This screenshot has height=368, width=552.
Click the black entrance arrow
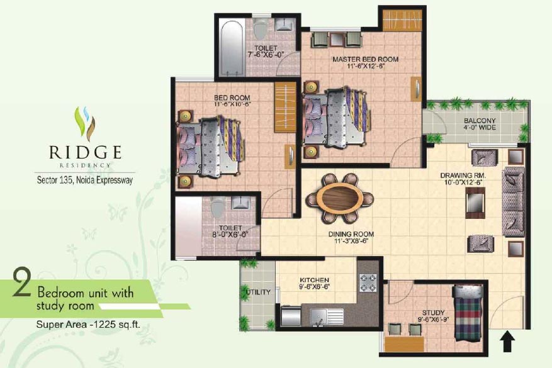[507, 340]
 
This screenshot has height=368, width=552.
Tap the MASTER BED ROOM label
[366, 59]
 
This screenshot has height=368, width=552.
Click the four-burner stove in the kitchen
[368, 282]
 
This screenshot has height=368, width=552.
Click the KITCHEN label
[314, 280]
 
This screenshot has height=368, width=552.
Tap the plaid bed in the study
[468, 313]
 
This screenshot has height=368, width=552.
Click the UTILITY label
[258, 292]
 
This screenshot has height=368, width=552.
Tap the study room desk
[404, 344]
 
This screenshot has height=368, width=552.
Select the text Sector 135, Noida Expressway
[85, 180]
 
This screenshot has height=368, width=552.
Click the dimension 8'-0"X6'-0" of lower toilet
[230, 235]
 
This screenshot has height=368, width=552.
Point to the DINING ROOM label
[351, 234]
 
